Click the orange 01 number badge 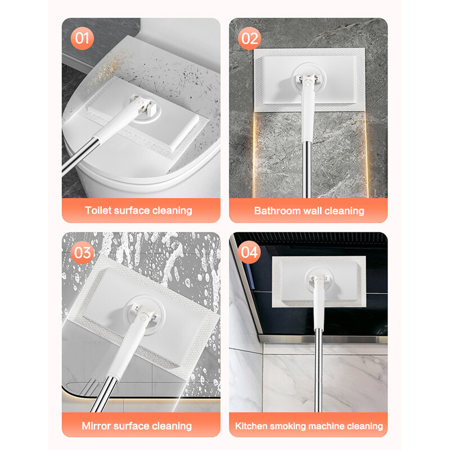82,38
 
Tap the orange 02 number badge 249,38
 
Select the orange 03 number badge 82,253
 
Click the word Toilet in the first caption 98,210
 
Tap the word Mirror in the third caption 97,426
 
